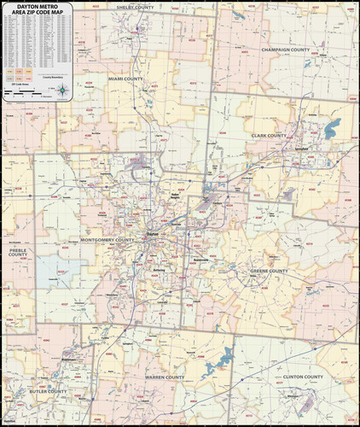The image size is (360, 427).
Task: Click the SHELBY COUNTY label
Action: point(135,7)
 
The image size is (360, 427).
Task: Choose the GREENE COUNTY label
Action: point(269,272)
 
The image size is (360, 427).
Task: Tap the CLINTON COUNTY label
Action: point(303,377)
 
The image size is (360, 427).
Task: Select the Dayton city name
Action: point(153,233)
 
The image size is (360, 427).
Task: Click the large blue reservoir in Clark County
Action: point(332,129)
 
